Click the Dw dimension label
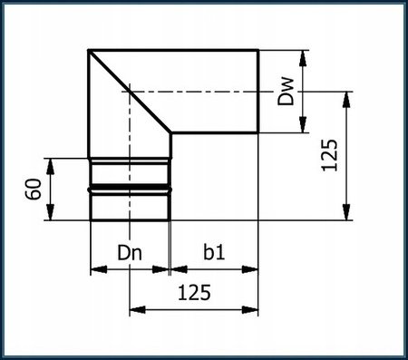coord(287,91)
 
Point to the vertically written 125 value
coord(330,156)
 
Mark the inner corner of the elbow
coord(170,133)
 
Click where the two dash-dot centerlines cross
coord(130,91)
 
